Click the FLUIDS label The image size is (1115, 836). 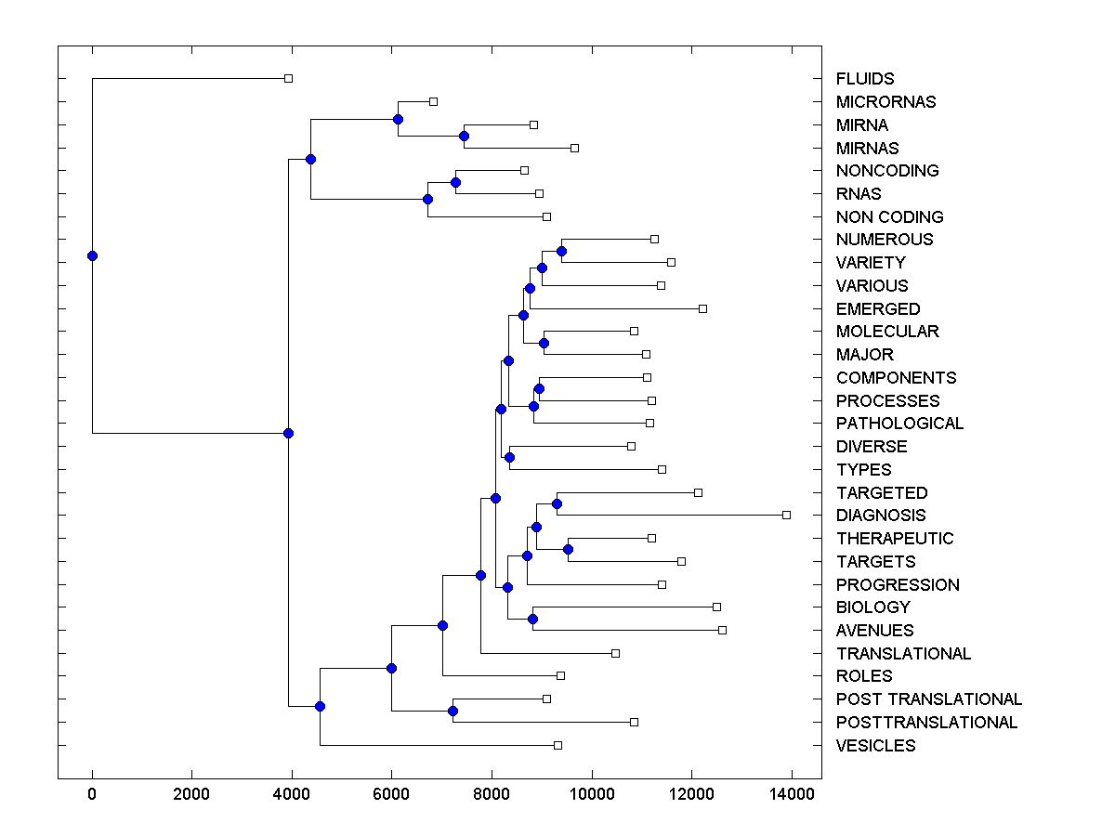point(864,79)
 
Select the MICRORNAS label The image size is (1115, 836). point(885,102)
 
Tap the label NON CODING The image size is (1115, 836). point(889,217)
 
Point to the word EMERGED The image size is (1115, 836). point(878,308)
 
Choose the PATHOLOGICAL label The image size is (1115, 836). point(899,424)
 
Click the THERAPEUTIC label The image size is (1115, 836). point(894,539)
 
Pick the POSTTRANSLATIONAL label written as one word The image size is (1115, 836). point(926,723)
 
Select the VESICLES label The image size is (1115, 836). point(875,746)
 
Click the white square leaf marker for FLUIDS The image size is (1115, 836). point(288,78)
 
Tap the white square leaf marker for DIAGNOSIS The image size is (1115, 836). point(786,515)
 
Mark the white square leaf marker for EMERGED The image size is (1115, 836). point(702,308)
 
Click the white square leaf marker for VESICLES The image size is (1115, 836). point(557,745)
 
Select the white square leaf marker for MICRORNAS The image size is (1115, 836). point(433,101)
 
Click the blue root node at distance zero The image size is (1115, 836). point(92,255)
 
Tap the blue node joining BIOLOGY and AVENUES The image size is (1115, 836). point(532,619)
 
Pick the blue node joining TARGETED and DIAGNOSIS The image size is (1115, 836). point(557,503)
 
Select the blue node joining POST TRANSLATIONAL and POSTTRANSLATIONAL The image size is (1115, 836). point(453,711)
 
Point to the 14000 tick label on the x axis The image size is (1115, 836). point(792,793)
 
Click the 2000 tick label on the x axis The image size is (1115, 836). point(191,793)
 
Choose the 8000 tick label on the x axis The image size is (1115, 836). point(492,793)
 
